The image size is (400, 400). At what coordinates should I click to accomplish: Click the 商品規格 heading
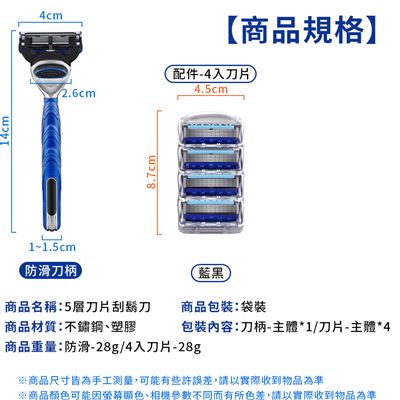click(302, 31)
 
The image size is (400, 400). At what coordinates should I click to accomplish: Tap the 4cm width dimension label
click(51, 15)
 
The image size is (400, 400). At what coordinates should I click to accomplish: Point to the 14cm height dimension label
click(5, 130)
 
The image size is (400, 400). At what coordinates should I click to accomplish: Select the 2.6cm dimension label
click(79, 93)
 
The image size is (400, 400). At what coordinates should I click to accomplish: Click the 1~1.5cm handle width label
click(52, 247)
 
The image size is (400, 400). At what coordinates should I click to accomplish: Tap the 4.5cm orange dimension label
click(211, 89)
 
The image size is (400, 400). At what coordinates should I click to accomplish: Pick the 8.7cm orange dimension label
click(151, 172)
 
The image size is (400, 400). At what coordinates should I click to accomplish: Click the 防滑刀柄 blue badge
click(51, 270)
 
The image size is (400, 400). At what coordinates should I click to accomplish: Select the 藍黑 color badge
click(211, 273)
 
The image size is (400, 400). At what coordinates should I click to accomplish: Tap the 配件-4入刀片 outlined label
click(211, 74)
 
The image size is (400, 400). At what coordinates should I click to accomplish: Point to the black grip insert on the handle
click(52, 197)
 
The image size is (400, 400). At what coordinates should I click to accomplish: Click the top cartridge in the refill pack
click(211, 132)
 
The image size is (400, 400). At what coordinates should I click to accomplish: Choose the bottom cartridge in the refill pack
click(211, 211)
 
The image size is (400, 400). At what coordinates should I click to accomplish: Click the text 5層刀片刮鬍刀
click(108, 307)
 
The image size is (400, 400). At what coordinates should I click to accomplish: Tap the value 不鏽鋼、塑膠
click(100, 327)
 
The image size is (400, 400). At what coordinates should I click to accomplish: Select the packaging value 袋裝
click(253, 307)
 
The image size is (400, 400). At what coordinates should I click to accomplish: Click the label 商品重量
click(31, 347)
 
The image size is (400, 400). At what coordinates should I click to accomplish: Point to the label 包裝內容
click(207, 327)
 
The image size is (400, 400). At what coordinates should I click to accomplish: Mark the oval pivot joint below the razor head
click(50, 69)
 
